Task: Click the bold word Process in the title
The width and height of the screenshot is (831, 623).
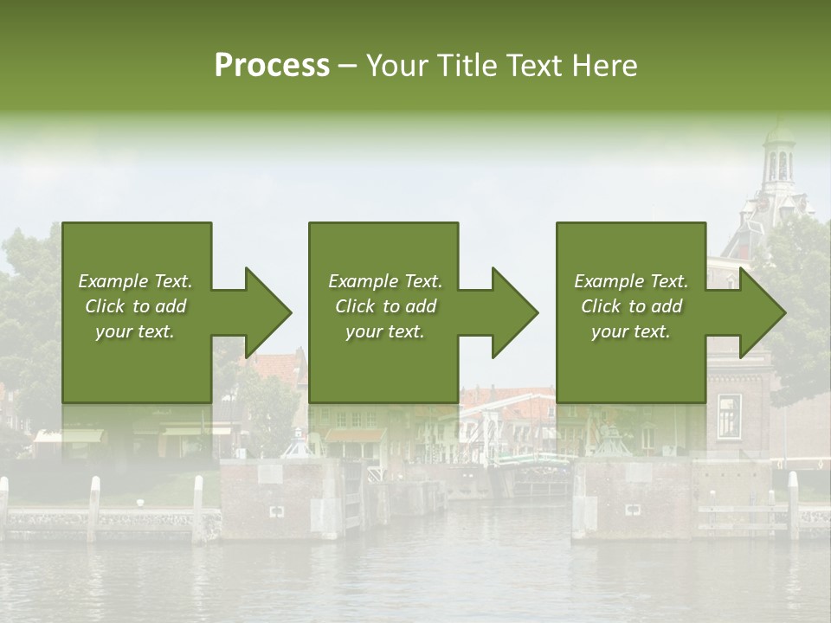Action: pyautogui.click(x=272, y=66)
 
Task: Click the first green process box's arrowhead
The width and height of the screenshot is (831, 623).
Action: pyautogui.click(x=267, y=312)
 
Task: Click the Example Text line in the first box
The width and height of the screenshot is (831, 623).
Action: pyautogui.click(x=135, y=281)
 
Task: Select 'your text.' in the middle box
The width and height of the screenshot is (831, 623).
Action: pyautogui.click(x=384, y=331)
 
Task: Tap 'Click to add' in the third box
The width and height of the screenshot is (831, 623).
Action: pyautogui.click(x=631, y=306)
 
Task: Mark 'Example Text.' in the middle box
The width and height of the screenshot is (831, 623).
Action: pyautogui.click(x=384, y=281)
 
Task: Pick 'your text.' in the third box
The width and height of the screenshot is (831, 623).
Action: pyautogui.click(x=631, y=331)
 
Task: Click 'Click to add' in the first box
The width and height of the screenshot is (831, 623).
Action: pyautogui.click(x=135, y=306)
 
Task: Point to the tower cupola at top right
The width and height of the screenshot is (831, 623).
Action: pyautogui.click(x=780, y=156)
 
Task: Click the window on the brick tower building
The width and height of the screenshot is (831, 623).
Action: pyautogui.click(x=728, y=414)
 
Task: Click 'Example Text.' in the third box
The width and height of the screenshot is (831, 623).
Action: pyautogui.click(x=631, y=281)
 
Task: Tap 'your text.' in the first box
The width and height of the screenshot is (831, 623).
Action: pyautogui.click(x=135, y=331)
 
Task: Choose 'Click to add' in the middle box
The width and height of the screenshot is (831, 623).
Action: pyautogui.click(x=384, y=306)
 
